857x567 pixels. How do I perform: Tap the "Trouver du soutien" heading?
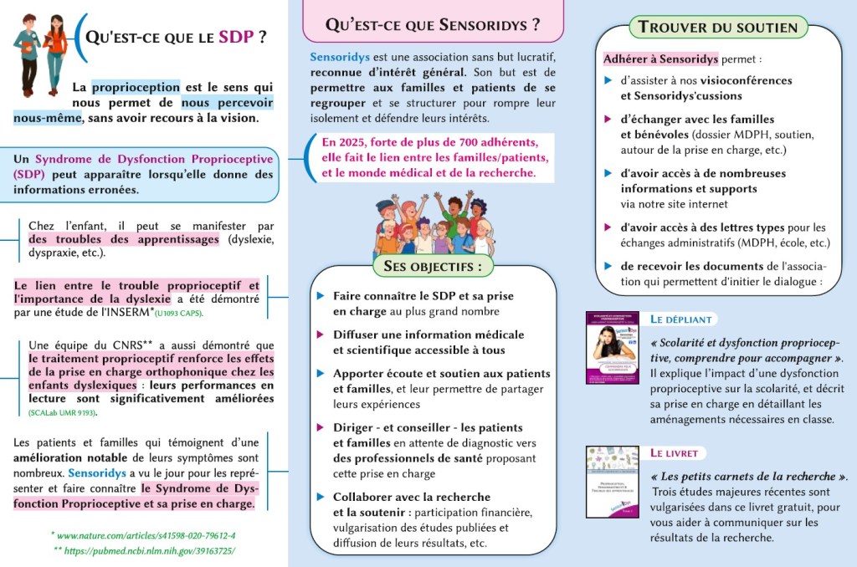point(718,27)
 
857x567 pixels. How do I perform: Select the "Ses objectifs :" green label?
point(433,267)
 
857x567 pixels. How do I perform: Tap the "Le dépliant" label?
point(682,319)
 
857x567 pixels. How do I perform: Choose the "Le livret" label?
point(675,453)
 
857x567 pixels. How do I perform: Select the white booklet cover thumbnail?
point(613,482)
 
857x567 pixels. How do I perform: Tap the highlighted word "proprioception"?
point(136,87)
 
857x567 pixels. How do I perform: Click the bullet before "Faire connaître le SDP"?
point(321,296)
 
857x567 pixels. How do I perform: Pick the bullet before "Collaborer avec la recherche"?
point(321,496)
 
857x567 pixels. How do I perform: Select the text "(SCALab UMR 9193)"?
point(63,412)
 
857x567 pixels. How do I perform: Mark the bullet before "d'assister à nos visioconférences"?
point(608,80)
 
